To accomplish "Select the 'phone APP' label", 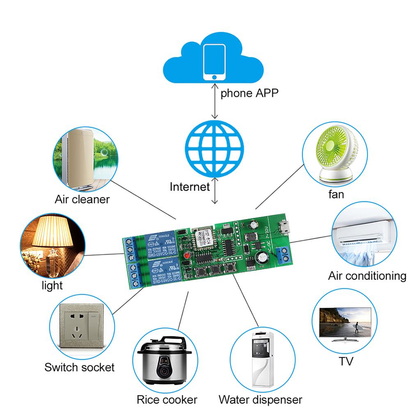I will coord(249,93).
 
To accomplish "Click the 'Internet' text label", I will coord(190,187).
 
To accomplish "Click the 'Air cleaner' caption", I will coord(82,199).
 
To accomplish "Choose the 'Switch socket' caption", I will coord(80,367).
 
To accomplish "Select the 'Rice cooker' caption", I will coord(167,399).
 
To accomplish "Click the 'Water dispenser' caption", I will coord(260,399).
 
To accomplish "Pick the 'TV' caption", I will coord(346,361).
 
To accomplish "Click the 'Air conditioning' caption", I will coord(367,275).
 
